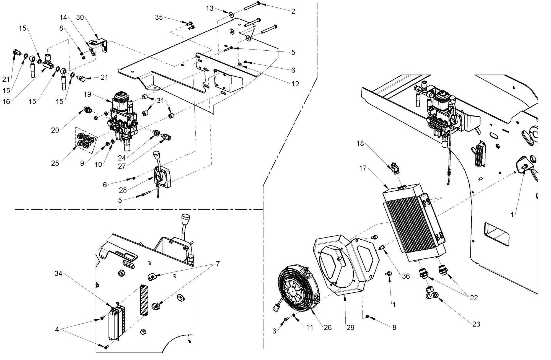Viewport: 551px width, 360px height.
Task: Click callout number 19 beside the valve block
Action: (87, 94)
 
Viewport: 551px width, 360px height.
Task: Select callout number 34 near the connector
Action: (58, 274)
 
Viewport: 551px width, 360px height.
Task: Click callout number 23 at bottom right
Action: (476, 324)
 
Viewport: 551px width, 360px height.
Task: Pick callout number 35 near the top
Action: (159, 17)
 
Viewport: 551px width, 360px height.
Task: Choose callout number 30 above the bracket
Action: (80, 17)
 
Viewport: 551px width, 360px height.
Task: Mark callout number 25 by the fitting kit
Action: (55, 163)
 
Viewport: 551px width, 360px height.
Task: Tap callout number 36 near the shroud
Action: (406, 276)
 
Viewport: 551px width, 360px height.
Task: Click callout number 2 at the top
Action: (293, 11)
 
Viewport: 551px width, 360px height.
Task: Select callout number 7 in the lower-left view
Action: (218, 264)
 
